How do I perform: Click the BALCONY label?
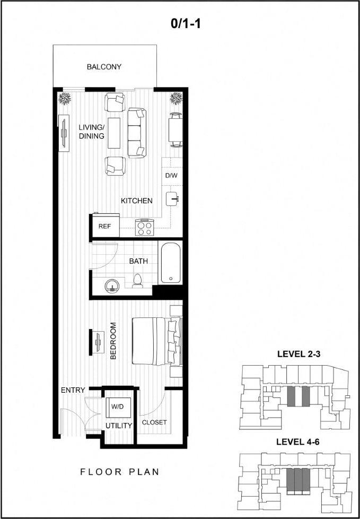104,67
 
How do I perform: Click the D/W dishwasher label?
171,176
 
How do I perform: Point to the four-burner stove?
145,228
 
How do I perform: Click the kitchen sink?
173,198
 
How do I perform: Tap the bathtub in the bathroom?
170,263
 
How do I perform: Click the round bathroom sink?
112,286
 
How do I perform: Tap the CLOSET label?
154,422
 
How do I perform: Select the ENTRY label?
73,390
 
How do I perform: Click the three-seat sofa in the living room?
136,132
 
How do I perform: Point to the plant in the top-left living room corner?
66,99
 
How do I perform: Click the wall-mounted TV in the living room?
64,133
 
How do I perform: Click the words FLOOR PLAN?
119,471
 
